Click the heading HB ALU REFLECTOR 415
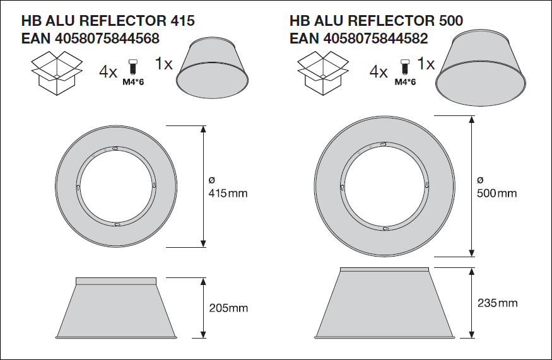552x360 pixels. pos(108,21)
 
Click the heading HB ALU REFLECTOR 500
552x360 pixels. pos(377,21)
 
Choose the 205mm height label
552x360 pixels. pos(228,308)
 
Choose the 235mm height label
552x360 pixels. pos(498,303)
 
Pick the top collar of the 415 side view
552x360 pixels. pos(115,281)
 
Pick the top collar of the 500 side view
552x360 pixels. pos(385,270)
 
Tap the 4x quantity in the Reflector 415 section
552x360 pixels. pos(108,72)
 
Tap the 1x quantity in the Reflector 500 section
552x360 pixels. pos(426,64)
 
